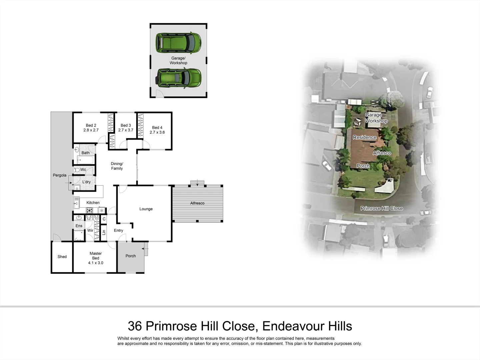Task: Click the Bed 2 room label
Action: tap(91, 126)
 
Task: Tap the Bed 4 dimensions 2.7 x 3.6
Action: tap(157, 132)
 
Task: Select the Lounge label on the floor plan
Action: tap(146, 209)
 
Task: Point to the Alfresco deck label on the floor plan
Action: tap(197, 203)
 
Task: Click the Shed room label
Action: tap(62, 257)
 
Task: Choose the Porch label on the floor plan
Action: tap(131, 256)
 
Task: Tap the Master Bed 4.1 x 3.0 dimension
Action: tap(96, 263)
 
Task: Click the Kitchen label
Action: tap(93, 203)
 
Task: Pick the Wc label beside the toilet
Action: tap(83, 170)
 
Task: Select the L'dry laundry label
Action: tap(86, 182)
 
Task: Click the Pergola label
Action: tap(60, 175)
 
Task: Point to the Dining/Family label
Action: tap(117, 166)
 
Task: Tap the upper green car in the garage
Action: tap(178, 43)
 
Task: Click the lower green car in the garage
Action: tap(178, 79)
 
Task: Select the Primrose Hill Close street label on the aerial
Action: tap(382, 208)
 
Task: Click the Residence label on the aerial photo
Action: tap(365, 137)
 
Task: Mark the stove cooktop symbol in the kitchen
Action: tap(90, 210)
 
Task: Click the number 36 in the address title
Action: tap(135, 326)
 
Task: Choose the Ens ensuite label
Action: tap(79, 226)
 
